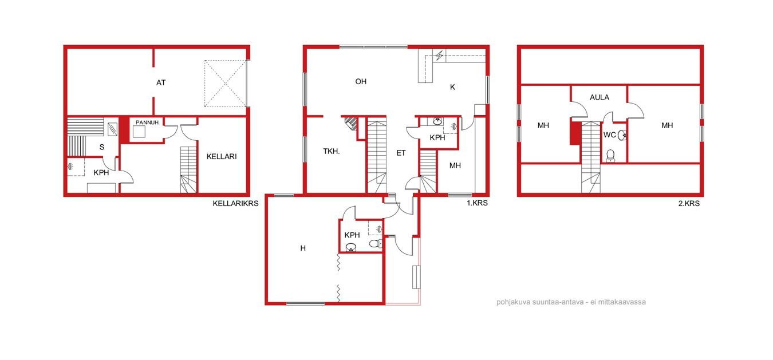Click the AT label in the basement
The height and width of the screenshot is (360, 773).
point(161,83)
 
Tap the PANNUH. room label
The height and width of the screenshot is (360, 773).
point(148,122)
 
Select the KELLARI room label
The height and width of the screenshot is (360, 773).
point(222,157)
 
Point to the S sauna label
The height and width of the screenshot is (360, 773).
point(102,147)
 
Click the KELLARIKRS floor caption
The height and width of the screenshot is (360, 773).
point(235,203)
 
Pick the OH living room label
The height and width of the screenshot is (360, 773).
point(361,82)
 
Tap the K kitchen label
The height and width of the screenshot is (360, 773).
point(452,87)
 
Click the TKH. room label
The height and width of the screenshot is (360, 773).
point(332,151)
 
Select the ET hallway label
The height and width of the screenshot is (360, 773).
point(401,153)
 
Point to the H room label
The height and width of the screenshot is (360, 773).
point(303,248)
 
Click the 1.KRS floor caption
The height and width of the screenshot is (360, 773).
point(478,203)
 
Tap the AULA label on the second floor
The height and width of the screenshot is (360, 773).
point(600,98)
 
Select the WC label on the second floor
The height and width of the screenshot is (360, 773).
point(609,135)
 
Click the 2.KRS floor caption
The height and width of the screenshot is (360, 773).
point(689,203)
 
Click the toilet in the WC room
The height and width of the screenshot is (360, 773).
point(610,156)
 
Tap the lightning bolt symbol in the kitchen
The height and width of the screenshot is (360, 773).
point(439,55)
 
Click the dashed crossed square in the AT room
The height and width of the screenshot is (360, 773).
point(226,84)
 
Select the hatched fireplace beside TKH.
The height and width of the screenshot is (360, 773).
point(352,123)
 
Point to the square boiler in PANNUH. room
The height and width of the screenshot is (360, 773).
point(139,132)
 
